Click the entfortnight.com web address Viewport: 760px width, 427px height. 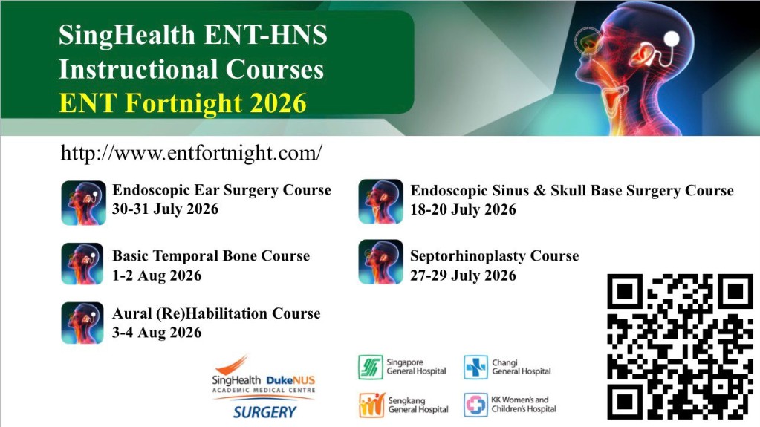coord(192,153)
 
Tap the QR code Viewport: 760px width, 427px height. coord(681,347)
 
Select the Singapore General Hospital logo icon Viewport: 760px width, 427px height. coord(370,367)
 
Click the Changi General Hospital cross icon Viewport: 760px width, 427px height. coord(475,367)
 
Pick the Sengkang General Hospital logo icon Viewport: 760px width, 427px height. coord(371,405)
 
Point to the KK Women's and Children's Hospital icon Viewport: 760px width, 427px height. coord(475,405)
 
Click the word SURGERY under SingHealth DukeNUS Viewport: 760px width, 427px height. coord(264,412)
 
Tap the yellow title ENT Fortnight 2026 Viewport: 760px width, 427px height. coord(183,103)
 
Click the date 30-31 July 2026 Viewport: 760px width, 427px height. coord(165,209)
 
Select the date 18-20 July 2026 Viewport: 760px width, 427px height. coord(464,209)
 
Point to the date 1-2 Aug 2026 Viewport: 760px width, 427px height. coord(157,276)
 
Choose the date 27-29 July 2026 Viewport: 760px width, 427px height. coord(464,276)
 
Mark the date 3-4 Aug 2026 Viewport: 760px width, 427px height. coord(157,333)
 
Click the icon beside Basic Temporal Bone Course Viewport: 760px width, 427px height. coord(82,264)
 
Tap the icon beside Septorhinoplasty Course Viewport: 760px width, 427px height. coord(380,261)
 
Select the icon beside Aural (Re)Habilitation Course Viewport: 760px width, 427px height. coord(82,323)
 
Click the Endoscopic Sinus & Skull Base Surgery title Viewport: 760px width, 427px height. coord(572,190)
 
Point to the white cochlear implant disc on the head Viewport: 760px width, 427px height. coord(672,39)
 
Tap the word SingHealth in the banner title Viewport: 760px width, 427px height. coord(126,36)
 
